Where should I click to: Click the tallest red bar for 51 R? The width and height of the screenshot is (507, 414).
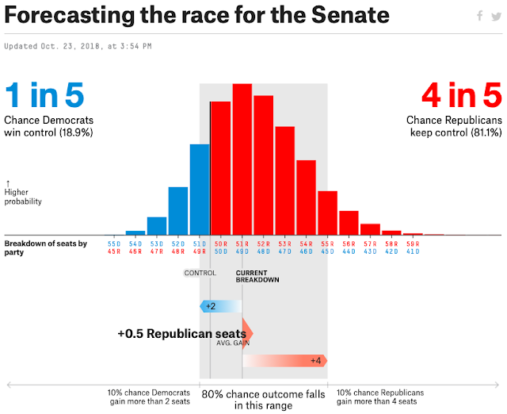[242, 159]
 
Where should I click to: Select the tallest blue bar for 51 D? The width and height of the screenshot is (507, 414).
[200, 190]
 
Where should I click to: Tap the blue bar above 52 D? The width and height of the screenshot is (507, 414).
[178, 211]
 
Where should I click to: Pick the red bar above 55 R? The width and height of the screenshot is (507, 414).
[327, 213]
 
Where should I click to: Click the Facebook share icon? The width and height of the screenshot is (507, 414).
[479, 16]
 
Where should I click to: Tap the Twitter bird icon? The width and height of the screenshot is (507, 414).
[496, 16]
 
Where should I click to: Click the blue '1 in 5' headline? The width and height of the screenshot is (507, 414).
[44, 96]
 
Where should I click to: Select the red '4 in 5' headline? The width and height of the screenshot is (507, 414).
[462, 96]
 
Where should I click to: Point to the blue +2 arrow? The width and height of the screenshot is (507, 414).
[219, 306]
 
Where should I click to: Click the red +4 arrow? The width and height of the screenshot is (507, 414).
[285, 361]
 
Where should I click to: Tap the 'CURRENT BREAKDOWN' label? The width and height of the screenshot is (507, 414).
[257, 277]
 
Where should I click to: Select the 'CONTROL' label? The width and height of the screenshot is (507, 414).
[200, 274]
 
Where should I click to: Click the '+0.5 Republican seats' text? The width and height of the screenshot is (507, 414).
[181, 333]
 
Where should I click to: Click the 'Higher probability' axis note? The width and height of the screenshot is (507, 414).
[23, 197]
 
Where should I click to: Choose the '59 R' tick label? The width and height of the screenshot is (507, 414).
[412, 243]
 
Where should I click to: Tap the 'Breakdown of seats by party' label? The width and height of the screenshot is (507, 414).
[45, 247]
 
